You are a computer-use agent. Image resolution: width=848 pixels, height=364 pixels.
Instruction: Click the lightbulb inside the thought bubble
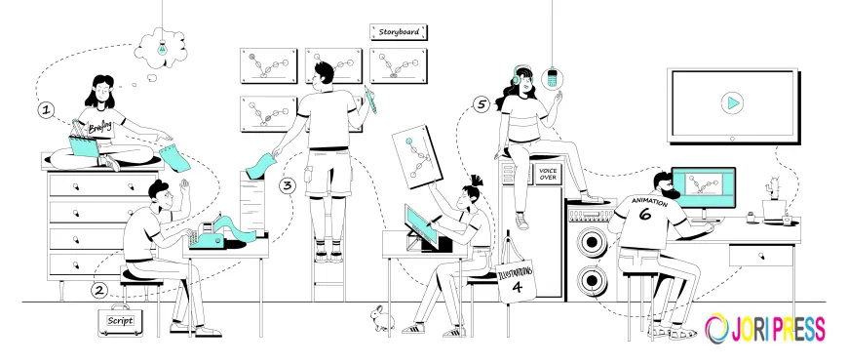coord(163,44)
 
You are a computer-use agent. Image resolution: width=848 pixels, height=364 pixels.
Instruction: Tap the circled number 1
coord(45,109)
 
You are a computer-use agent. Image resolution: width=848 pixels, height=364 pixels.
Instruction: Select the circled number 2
coord(98,289)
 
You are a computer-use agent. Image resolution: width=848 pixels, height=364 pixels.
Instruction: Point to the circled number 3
coord(287,184)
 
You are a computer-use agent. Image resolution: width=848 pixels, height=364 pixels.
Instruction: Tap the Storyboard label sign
coord(399,32)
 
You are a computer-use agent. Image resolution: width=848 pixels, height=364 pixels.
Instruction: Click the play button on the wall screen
coord(729,102)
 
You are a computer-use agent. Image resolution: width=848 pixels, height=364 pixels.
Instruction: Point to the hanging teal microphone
coord(553,77)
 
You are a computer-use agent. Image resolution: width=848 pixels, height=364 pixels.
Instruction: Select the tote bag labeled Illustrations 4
coord(519,279)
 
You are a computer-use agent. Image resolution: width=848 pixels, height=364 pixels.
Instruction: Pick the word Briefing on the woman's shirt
coord(101,127)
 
